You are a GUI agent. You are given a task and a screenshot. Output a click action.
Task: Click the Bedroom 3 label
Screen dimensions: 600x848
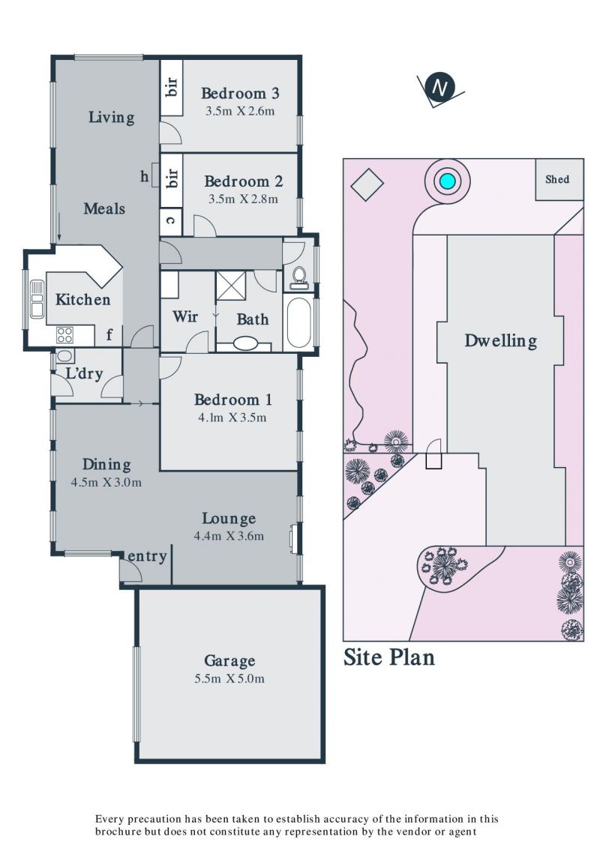click(240, 93)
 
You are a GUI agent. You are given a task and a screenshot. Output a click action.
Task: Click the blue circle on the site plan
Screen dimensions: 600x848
click(448, 181)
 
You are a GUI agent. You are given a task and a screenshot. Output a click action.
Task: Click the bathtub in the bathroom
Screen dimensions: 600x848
click(298, 323)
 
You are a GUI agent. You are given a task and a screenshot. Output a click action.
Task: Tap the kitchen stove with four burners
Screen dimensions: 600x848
click(64, 335)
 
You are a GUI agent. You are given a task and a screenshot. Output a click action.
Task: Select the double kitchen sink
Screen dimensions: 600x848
click(37, 299)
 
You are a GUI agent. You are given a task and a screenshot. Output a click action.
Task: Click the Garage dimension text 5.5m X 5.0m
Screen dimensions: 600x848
click(229, 679)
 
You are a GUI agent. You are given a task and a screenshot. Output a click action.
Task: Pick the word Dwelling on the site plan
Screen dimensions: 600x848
click(501, 340)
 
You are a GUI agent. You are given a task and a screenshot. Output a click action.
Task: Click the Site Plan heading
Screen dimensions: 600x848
click(389, 657)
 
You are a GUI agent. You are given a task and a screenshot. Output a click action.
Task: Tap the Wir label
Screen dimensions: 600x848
click(185, 316)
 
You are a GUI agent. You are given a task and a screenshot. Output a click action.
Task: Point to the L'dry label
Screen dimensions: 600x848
click(84, 373)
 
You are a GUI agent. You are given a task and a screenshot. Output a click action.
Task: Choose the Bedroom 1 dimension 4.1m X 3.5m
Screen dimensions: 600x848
click(232, 418)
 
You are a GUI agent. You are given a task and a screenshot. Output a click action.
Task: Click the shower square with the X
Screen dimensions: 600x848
click(231, 286)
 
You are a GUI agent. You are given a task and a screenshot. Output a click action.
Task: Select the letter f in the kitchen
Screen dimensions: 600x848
click(109, 334)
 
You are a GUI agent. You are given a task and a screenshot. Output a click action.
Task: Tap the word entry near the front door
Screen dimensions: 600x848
click(147, 556)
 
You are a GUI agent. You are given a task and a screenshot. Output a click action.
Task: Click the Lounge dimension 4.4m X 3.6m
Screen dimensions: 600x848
click(229, 537)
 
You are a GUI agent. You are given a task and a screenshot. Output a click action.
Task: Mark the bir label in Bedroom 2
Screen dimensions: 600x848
click(172, 178)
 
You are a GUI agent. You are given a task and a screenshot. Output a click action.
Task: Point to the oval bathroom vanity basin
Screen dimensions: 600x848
click(246, 343)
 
